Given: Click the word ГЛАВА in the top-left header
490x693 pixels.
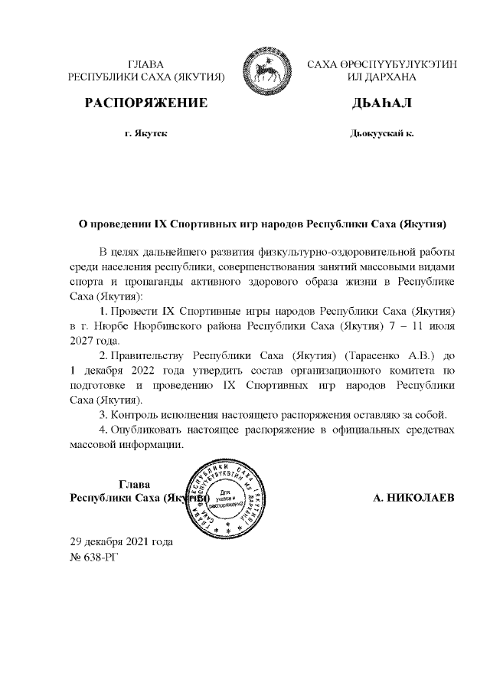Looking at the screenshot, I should pos(145,64).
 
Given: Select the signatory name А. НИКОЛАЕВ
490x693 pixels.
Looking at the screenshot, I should pos(413,499).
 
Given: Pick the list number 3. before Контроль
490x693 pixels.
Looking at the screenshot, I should pos(103,415).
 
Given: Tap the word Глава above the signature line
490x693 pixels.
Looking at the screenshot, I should pos(135,484).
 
